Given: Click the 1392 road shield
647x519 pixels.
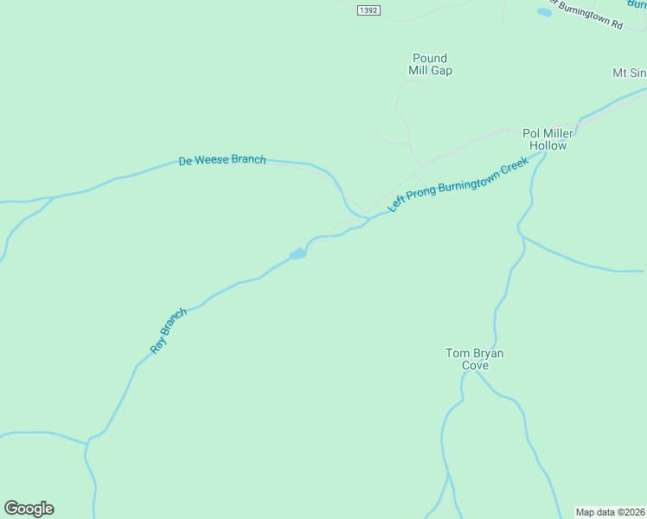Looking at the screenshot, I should click(x=367, y=10).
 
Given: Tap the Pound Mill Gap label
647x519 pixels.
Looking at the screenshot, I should click(x=430, y=65).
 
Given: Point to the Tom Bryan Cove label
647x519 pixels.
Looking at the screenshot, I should click(x=474, y=359).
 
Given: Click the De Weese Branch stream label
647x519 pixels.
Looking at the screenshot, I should click(x=222, y=160).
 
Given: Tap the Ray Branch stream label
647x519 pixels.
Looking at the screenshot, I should click(x=168, y=330).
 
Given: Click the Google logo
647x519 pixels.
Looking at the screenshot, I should click(x=29, y=509).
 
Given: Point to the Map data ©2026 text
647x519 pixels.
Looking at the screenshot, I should click(x=610, y=512).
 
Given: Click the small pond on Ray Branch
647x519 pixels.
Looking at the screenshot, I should click(x=298, y=254).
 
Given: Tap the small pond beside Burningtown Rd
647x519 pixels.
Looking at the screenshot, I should click(x=544, y=12).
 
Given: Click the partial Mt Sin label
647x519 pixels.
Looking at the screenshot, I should click(x=630, y=73).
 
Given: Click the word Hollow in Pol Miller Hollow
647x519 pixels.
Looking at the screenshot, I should click(x=548, y=145).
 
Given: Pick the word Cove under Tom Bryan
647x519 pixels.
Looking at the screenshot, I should click(x=474, y=366).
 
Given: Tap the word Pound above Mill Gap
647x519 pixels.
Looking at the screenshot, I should click(x=429, y=59).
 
